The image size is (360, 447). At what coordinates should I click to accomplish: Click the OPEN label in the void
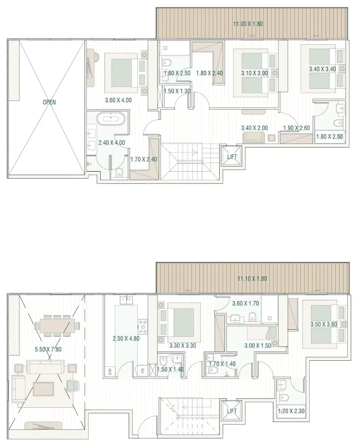pyautogui.click(x=49, y=102)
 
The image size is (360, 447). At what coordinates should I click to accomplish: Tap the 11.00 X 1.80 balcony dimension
pyautogui.click(x=248, y=24)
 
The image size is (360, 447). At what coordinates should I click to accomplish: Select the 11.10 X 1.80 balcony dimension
pyautogui.click(x=252, y=279)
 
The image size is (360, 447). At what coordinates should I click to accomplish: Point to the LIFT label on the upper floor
pyautogui.click(x=232, y=157)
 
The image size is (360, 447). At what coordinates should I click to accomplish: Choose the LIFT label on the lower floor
pyautogui.click(x=232, y=411)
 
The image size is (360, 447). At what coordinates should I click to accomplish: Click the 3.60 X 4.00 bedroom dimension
pyautogui.click(x=118, y=100)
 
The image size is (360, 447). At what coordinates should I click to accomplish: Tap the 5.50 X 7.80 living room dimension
pyautogui.click(x=48, y=349)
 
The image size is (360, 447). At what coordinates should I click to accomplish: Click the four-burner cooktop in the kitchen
pyautogui.click(x=143, y=327)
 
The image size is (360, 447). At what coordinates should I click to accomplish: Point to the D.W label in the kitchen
pyautogui.click(x=110, y=371)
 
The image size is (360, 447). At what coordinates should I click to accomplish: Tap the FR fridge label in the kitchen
pyautogui.click(x=143, y=371)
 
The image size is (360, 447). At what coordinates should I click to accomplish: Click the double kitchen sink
pyautogui.click(x=126, y=300)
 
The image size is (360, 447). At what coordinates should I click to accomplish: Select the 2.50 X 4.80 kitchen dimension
pyautogui.click(x=126, y=338)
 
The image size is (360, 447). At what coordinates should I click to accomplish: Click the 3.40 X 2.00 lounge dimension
pyautogui.click(x=254, y=128)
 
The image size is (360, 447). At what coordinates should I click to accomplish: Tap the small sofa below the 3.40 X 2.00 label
pyautogui.click(x=254, y=137)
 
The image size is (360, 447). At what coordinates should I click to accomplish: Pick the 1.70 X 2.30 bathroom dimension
pyautogui.click(x=291, y=410)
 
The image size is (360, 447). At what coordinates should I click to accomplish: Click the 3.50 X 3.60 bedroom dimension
pyautogui.click(x=324, y=324)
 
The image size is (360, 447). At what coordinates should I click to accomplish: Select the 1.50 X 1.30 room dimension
pyautogui.click(x=177, y=91)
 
